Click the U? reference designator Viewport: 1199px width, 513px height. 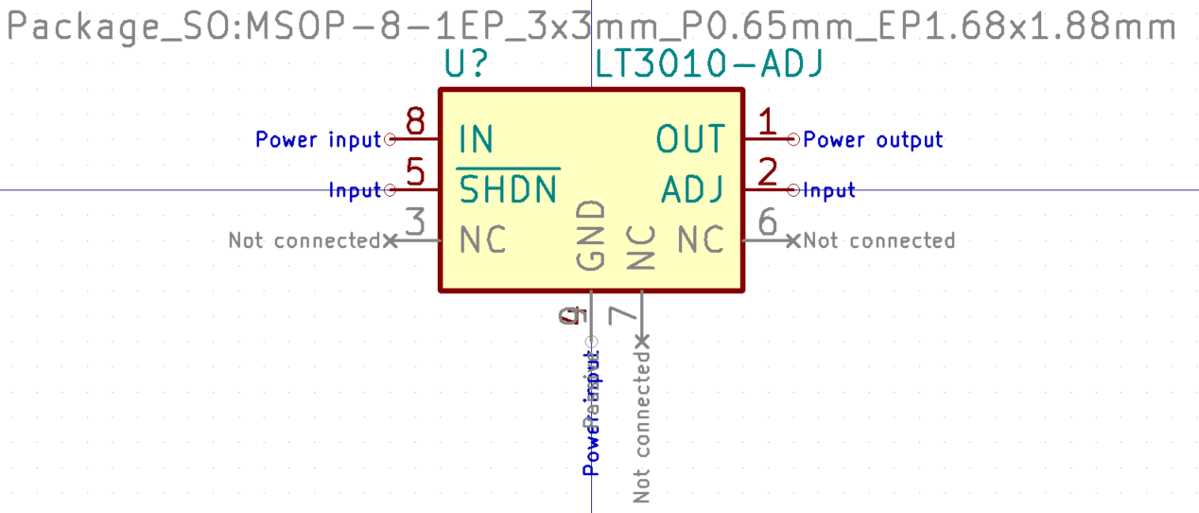pos(466,63)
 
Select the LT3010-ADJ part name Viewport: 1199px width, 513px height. pos(709,63)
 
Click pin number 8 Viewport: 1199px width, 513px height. pos(414,121)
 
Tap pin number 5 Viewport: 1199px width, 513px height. pos(414,172)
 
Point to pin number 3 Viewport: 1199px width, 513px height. pos(414,223)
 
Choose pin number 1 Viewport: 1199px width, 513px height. pos(767,121)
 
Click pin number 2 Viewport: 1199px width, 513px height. pos(768,172)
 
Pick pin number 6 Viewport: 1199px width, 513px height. pos(768,223)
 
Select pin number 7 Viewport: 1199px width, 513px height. pos(622,315)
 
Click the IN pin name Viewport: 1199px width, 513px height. pos(476,140)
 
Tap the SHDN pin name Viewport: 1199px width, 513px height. pos(509,191)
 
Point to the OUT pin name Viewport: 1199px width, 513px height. pos(690,140)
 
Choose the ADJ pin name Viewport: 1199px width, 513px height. pos(693,191)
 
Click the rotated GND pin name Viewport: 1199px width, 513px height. pos(591,235)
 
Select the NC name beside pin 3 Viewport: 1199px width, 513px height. pos(482,241)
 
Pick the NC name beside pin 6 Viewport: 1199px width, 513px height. pos(701,241)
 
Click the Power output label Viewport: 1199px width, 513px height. pos(873,140)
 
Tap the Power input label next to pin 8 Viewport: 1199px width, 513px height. pos(318,140)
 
